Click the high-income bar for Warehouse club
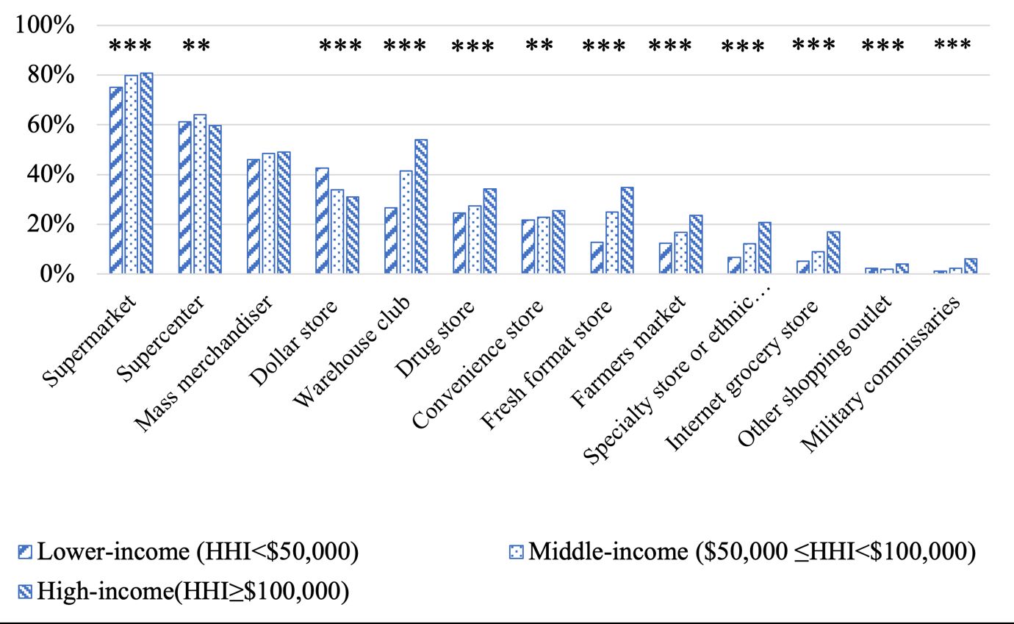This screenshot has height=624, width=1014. (x=421, y=207)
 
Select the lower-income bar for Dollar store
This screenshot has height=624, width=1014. (x=322, y=221)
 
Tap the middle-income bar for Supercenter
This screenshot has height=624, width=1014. (x=200, y=194)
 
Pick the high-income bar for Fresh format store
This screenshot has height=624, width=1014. (x=627, y=230)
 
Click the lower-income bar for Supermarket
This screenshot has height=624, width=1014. (x=115, y=180)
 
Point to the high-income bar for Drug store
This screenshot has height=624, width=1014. (x=490, y=231)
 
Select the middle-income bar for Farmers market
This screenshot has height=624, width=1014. (x=681, y=253)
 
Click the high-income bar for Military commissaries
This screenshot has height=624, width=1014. (x=971, y=266)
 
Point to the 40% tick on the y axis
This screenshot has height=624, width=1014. (x=50, y=175)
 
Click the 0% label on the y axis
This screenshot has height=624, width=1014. (x=57, y=274)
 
